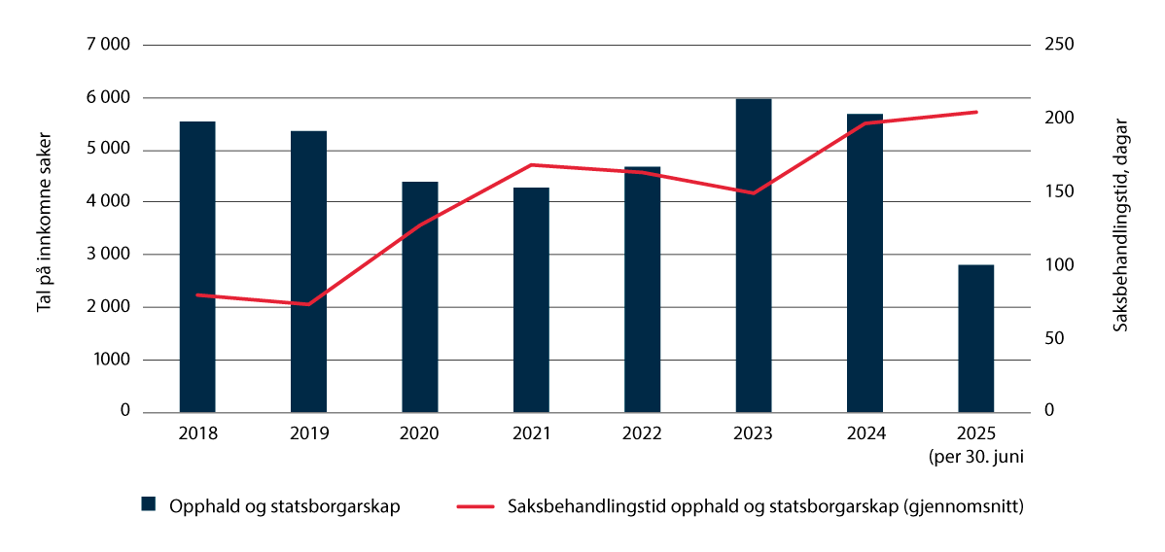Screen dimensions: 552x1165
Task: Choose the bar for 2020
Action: [420, 296]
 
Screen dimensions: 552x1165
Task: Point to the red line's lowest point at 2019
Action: [308, 304]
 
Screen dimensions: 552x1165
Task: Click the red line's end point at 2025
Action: [976, 112]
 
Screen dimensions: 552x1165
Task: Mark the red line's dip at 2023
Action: [754, 192]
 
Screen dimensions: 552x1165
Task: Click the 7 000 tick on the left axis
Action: [107, 46]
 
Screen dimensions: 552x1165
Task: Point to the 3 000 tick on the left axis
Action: [107, 255]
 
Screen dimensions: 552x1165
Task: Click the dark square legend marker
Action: [149, 503]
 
